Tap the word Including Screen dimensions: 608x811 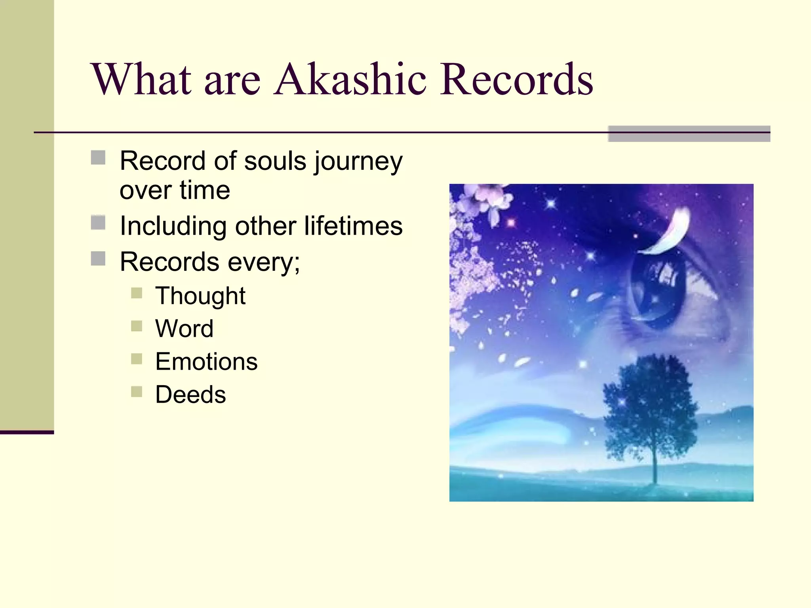[x=173, y=226]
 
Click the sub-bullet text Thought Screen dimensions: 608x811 [x=200, y=296]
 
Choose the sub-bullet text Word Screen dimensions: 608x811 [x=184, y=329]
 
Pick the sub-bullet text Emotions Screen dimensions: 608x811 [x=206, y=361]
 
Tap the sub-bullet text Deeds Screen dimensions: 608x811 [x=190, y=395]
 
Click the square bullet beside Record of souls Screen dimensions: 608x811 [x=98, y=158]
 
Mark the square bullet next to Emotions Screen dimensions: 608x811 [x=136, y=359]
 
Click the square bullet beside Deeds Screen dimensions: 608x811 [x=136, y=392]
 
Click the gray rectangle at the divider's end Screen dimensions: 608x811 [x=689, y=134]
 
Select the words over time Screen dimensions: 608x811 [x=175, y=190]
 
